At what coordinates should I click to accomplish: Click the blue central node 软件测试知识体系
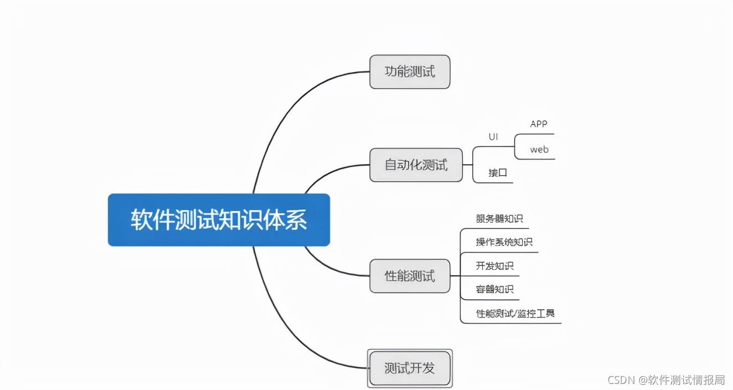(219, 219)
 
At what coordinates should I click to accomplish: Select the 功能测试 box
(410, 71)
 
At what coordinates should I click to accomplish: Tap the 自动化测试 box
(416, 165)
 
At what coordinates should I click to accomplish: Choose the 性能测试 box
(410, 275)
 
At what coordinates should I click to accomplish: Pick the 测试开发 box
(410, 368)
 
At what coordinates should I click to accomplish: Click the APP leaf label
(538, 124)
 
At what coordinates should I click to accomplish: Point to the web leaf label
(539, 150)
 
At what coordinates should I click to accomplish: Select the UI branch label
(493, 136)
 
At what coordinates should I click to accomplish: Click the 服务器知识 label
(499, 218)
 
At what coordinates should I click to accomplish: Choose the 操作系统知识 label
(504, 242)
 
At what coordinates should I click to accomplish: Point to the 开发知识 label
(494, 266)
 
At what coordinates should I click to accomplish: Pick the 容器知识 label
(494, 289)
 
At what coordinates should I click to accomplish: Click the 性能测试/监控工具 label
(515, 314)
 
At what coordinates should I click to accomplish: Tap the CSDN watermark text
(666, 379)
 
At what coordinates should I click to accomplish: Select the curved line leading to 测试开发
(288, 332)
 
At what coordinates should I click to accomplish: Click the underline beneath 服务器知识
(495, 228)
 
